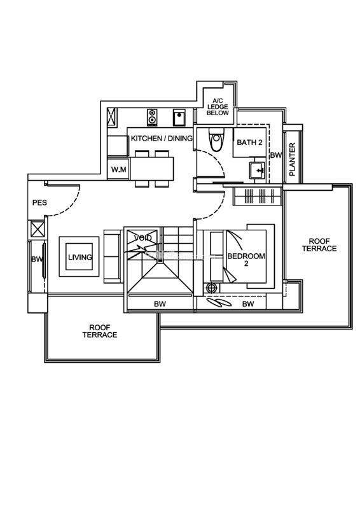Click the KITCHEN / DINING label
[x=162, y=138]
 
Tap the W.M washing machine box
[x=118, y=169]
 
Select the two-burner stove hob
[x=152, y=117]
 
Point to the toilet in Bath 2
[x=216, y=139]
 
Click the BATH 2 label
[x=249, y=142]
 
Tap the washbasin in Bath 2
[x=258, y=170]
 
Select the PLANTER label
[x=292, y=160]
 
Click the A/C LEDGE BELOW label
[x=218, y=107]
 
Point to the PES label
[x=39, y=202]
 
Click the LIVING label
[x=80, y=257]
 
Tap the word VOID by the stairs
[x=143, y=238]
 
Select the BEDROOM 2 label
[x=246, y=260]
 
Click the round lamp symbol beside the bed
[x=212, y=288]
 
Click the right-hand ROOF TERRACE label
[x=319, y=245]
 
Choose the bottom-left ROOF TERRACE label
[x=100, y=331]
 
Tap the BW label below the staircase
[x=160, y=304]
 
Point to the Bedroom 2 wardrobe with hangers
[x=258, y=196]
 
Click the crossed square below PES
[x=36, y=230]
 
